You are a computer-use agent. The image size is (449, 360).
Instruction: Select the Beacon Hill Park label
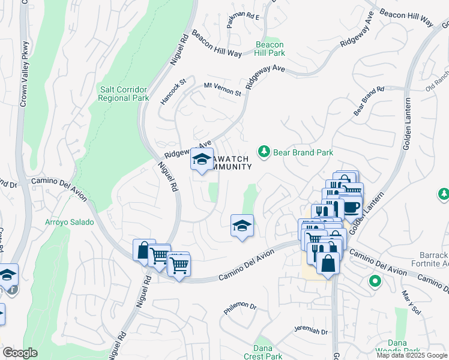pyautogui.click(x=270, y=49)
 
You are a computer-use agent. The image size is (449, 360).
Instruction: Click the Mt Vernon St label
pyautogui.click(x=222, y=89)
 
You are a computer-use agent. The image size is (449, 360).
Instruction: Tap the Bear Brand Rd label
pyautogui.click(x=369, y=100)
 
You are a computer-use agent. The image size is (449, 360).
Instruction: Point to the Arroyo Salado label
pyautogui.click(x=70, y=222)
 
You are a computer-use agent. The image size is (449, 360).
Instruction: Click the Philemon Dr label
pyautogui.click(x=240, y=308)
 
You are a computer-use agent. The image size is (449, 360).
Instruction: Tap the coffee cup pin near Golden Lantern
pyautogui.click(x=352, y=208)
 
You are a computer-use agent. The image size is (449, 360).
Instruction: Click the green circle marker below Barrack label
pyautogui.click(x=375, y=281)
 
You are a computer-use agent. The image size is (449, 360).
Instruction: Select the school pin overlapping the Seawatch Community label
pyautogui.click(x=201, y=160)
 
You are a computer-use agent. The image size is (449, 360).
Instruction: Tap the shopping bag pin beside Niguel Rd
pyautogui.click(x=143, y=250)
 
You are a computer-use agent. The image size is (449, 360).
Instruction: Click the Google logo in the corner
pyautogui.click(x=20, y=353)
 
